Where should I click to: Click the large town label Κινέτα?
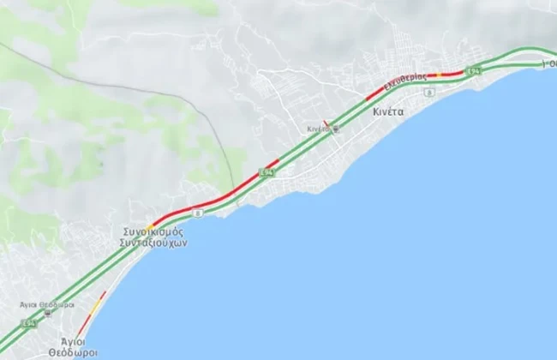click(388, 111)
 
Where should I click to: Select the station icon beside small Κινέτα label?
click(335, 129)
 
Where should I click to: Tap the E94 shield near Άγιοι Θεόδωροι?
click(29, 324)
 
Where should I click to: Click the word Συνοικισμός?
click(150, 231)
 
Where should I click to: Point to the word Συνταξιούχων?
click(153, 243)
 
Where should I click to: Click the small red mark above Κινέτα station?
click(323, 123)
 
